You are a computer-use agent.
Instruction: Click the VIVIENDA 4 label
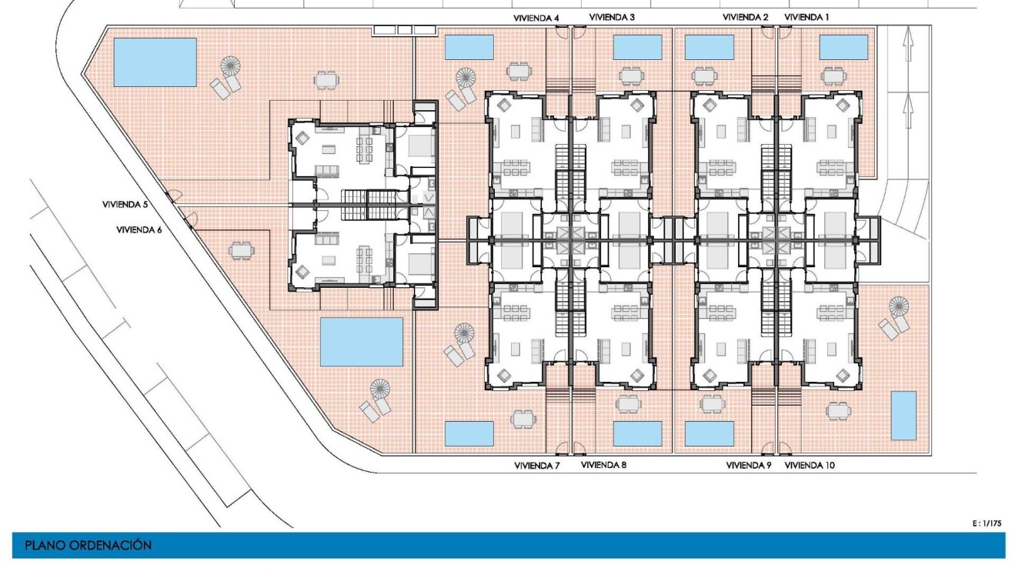(x=536, y=17)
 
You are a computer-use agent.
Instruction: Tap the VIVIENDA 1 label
(x=807, y=17)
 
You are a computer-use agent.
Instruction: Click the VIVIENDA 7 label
(x=536, y=466)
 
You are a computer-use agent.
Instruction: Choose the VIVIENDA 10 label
(x=810, y=466)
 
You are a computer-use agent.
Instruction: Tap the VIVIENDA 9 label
(x=749, y=466)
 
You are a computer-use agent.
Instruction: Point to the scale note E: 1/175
(x=987, y=523)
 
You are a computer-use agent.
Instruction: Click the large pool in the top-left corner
(x=155, y=62)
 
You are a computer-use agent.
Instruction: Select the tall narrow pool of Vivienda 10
(x=903, y=416)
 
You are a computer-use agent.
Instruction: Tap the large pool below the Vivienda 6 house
(x=361, y=343)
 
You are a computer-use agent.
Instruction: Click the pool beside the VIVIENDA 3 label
(x=637, y=47)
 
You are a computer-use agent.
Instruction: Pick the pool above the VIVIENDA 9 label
(x=709, y=433)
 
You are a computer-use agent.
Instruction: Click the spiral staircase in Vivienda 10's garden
(x=899, y=307)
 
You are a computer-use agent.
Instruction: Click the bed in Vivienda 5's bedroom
(x=420, y=145)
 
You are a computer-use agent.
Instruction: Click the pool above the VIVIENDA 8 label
(x=637, y=433)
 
